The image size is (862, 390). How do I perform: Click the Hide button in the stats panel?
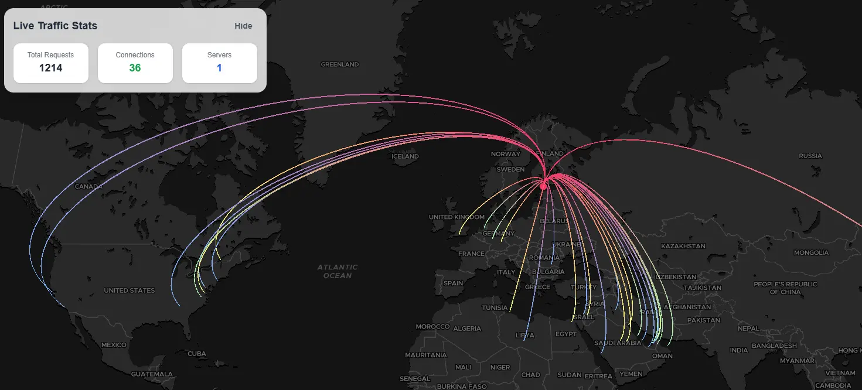point(243,26)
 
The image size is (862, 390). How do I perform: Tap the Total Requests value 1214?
point(51,68)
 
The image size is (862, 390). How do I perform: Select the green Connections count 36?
point(135,68)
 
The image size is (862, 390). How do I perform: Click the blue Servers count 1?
point(219,68)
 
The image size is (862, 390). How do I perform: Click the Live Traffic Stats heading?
point(55,26)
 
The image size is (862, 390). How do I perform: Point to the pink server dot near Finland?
point(543,186)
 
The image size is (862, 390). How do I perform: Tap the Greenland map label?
point(339,64)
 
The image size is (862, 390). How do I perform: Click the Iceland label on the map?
point(405,156)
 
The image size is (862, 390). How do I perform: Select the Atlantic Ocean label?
point(338,271)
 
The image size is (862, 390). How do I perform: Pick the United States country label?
point(130,290)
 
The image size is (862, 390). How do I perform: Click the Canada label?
point(88,187)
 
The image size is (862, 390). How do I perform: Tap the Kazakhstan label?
point(683,246)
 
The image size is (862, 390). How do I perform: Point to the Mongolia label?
point(811,253)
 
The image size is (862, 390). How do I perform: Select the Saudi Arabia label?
point(618,343)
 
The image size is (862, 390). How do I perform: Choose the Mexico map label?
point(114,345)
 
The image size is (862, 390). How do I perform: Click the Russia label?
point(810,156)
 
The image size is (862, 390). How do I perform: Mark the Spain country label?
point(453,283)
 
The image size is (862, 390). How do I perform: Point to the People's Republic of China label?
point(785,288)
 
